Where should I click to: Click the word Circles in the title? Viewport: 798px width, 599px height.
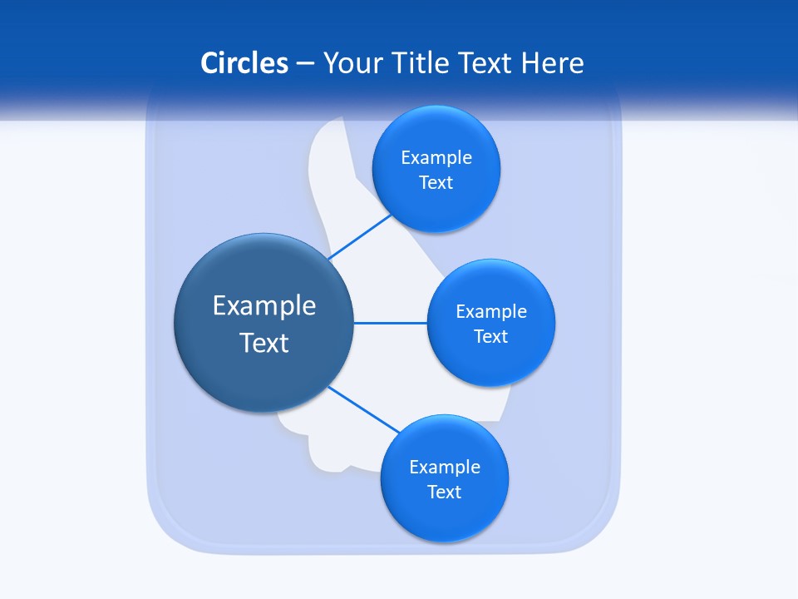244,63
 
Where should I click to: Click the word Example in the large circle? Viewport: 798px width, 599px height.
264,305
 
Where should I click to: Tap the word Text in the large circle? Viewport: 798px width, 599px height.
264,343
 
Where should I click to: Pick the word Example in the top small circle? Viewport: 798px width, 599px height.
436,157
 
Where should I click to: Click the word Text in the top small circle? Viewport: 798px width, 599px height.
436,182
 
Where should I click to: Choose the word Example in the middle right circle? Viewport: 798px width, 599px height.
491,311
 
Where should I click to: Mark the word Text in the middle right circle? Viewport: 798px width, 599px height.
491,336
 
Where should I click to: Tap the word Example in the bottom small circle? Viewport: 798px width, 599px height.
445,467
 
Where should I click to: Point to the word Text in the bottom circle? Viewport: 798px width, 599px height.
445,492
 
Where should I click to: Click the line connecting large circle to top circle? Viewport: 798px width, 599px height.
359,237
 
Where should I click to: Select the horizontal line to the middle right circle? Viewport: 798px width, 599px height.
391,323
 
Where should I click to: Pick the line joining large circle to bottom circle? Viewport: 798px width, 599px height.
364,409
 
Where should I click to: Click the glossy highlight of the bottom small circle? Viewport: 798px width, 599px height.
445,433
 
